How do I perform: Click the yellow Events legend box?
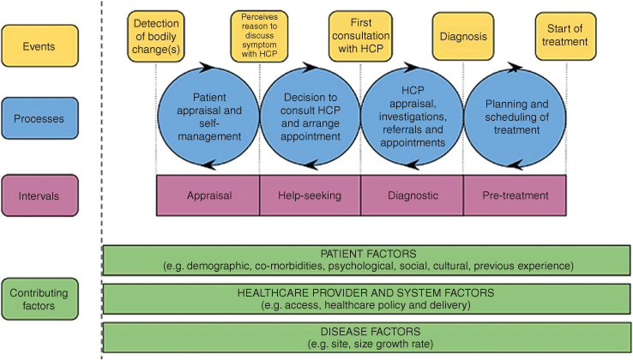[40, 45]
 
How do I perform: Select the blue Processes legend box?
[40, 118]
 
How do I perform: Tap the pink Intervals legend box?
[40, 195]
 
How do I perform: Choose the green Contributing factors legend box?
[40, 299]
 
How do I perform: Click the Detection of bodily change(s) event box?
[156, 36]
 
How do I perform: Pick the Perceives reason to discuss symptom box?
[259, 36]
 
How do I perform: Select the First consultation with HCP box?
[360, 36]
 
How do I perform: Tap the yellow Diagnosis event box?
[463, 36]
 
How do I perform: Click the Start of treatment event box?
[565, 36]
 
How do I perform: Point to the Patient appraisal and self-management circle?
[208, 117]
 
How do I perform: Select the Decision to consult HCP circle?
[310, 117]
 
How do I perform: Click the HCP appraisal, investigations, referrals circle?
[413, 117]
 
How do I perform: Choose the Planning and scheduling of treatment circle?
[515, 117]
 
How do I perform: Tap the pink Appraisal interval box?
[208, 195]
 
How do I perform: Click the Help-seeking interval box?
[310, 195]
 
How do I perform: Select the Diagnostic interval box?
[413, 195]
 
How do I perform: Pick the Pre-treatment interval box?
[515, 195]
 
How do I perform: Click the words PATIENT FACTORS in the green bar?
[368, 254]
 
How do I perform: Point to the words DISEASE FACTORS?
[371, 332]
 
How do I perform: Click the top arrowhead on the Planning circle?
[515, 67]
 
